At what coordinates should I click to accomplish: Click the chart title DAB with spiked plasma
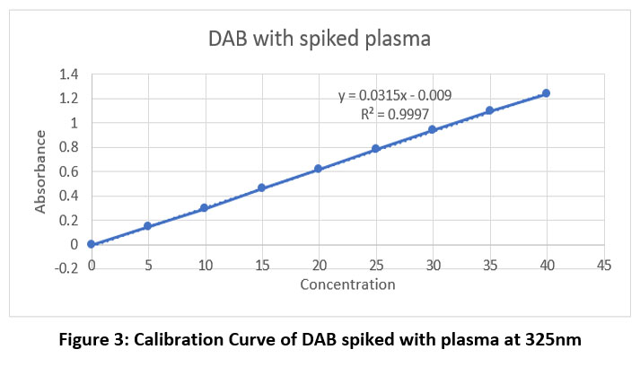point(320,39)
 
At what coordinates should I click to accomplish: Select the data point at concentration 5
point(147,226)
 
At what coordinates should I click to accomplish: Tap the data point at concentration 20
point(318,169)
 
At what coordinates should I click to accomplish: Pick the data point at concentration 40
point(546,93)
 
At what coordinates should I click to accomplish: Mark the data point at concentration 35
point(489,110)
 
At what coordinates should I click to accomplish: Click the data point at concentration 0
point(91,243)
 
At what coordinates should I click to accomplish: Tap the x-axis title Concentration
point(347,285)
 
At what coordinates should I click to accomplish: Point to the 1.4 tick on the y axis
point(68,74)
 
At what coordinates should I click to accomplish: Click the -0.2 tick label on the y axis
point(66,268)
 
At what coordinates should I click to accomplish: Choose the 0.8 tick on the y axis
point(68,147)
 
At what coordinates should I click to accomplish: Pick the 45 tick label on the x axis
point(603,266)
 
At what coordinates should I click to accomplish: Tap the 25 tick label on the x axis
point(375,266)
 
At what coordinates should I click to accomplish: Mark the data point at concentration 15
point(261,188)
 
